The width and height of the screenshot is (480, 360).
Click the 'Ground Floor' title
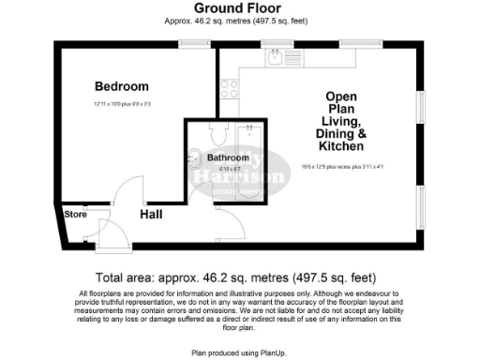(239, 7)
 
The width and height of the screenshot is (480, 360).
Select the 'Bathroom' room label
(228, 157)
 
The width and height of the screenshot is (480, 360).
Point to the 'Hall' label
(153, 215)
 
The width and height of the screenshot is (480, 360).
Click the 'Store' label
(75, 215)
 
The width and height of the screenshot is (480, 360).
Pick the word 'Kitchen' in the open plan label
(342, 148)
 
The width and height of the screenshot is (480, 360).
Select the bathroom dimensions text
(227, 169)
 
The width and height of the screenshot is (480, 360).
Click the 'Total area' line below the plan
(239, 278)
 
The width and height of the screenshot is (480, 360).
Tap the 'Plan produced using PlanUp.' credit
(239, 352)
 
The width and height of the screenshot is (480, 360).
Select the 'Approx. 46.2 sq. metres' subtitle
(239, 20)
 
